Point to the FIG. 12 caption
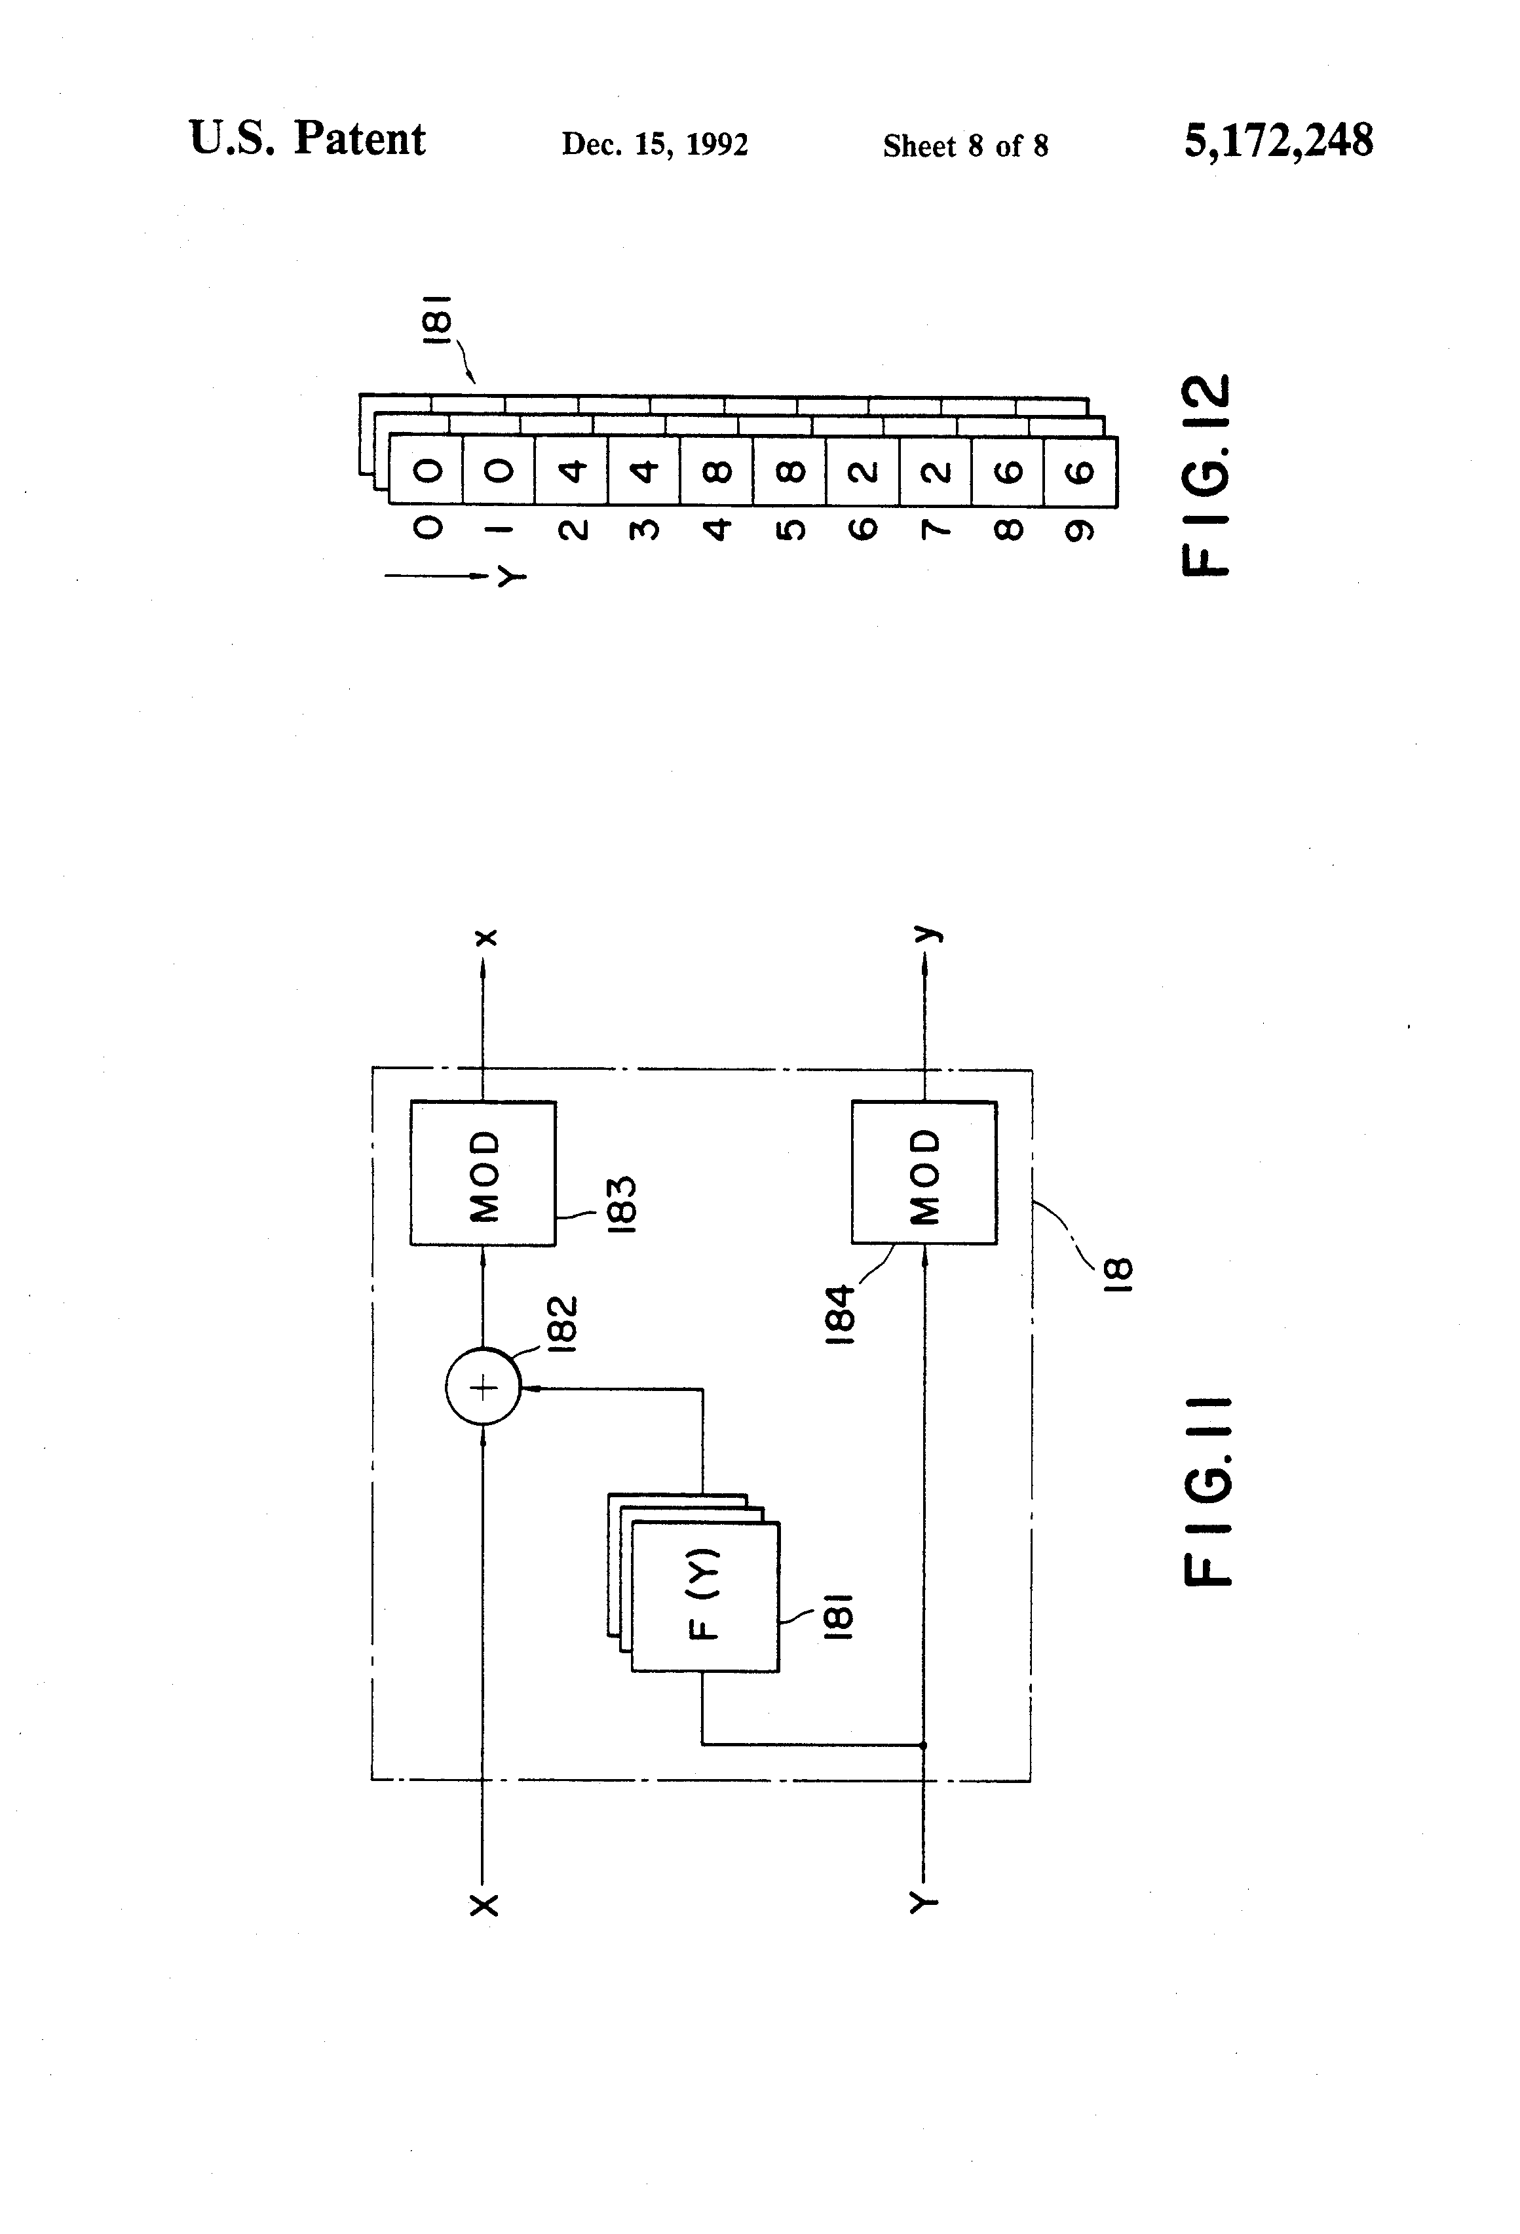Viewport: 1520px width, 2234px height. click(1205, 474)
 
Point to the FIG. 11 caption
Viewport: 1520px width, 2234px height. click(1205, 1491)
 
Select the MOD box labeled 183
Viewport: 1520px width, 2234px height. click(484, 1174)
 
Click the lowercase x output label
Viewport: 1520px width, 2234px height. click(486, 936)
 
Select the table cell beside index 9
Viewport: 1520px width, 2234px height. click(1080, 472)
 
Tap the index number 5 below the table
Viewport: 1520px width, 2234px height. click(789, 530)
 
